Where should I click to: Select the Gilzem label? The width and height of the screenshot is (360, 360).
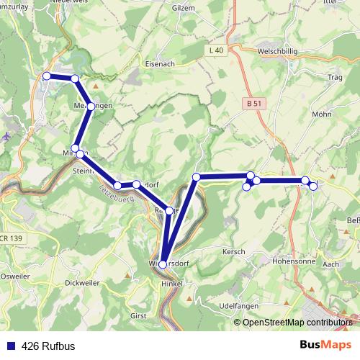(x=184, y=7)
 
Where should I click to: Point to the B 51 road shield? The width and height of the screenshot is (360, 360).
(x=253, y=104)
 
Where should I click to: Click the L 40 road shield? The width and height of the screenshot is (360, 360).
(x=215, y=50)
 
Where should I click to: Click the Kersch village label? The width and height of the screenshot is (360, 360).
(x=235, y=251)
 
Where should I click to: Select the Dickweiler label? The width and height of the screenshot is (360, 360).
(x=81, y=282)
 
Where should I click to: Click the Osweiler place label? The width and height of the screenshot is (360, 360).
(x=14, y=276)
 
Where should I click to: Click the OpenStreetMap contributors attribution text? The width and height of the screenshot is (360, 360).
(x=297, y=322)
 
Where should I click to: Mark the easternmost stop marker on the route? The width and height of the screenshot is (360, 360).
(x=313, y=186)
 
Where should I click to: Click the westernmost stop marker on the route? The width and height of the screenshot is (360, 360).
(x=47, y=76)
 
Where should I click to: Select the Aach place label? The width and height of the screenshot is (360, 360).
(x=332, y=265)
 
